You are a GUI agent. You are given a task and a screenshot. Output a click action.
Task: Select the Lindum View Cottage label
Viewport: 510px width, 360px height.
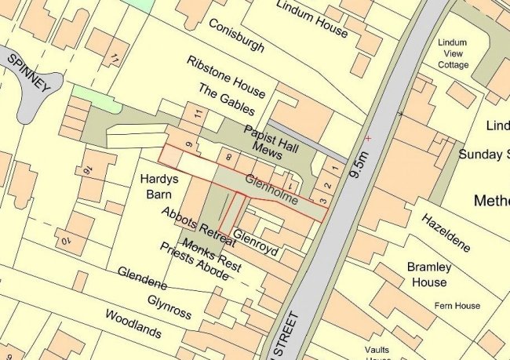click(x=453, y=53)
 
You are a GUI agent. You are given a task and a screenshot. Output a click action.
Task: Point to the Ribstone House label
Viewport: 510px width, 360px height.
click(x=226, y=76)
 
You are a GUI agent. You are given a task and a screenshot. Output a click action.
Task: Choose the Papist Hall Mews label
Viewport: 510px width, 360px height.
click(x=268, y=139)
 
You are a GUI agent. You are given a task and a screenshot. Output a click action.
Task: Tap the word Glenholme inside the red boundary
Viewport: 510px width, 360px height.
click(x=270, y=190)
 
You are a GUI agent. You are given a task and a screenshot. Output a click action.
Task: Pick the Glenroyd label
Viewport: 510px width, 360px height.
click(x=255, y=243)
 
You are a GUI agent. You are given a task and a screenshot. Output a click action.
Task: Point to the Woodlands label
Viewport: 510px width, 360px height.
click(x=138, y=323)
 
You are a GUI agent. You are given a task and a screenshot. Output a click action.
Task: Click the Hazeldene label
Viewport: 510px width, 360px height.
click(x=446, y=231)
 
